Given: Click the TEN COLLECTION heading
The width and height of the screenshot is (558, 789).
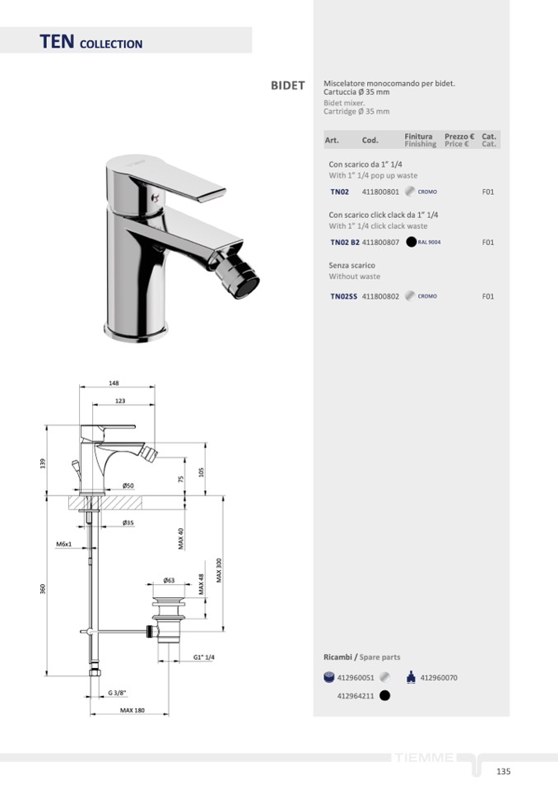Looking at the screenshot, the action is click(91, 42).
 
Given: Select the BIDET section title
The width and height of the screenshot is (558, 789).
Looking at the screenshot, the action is click(288, 86).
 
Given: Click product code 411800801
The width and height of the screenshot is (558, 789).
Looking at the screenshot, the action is click(380, 192).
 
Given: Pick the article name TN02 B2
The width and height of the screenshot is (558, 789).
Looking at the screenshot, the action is click(345, 242).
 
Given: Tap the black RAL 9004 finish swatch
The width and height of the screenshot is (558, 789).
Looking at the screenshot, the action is click(411, 242).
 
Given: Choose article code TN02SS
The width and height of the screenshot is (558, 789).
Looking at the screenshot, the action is click(344, 296).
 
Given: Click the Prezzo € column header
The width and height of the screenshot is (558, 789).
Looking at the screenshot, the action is click(459, 137).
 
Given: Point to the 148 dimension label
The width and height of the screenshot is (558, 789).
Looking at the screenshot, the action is click(114, 383).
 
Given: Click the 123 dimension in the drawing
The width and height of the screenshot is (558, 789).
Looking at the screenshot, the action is click(120, 401).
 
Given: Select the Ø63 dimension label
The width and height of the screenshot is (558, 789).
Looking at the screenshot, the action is click(169, 580).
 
